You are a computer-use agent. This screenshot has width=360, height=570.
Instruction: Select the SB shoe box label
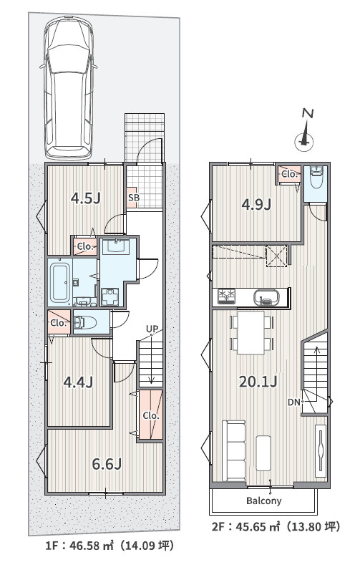[x=133, y=198]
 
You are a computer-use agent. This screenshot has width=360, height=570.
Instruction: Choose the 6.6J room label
[x=107, y=464]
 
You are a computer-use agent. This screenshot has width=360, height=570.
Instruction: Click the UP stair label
[x=152, y=329]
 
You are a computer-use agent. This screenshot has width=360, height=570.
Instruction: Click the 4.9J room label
[x=256, y=204]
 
